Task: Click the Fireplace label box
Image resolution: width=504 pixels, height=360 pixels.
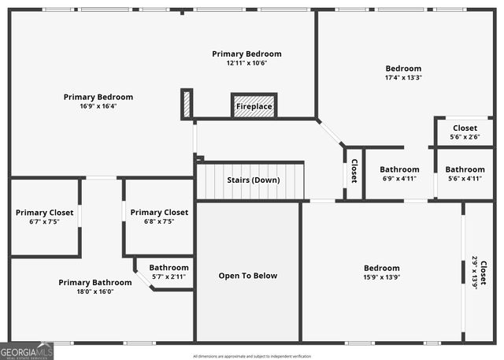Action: click(254, 106)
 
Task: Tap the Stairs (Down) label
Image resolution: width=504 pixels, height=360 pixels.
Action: click(253, 180)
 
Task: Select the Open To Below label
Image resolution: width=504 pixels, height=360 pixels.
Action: click(247, 276)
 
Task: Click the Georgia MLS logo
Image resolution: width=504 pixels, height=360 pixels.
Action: click(27, 351)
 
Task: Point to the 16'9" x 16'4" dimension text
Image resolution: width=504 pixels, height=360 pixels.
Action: click(98, 106)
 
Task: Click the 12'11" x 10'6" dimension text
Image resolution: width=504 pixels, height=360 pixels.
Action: click(246, 63)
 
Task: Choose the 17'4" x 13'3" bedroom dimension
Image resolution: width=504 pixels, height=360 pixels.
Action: click(402, 78)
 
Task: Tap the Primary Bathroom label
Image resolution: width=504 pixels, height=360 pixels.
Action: click(95, 282)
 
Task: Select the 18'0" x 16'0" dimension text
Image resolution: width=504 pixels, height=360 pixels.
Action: click(95, 291)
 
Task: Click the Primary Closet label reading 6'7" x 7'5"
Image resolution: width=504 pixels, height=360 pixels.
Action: click(44, 213)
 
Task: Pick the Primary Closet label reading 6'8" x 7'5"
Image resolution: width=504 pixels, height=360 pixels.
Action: click(159, 213)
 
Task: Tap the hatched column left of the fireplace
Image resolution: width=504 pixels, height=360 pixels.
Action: click(187, 104)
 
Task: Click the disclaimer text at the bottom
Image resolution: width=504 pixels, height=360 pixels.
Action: click(252, 356)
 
